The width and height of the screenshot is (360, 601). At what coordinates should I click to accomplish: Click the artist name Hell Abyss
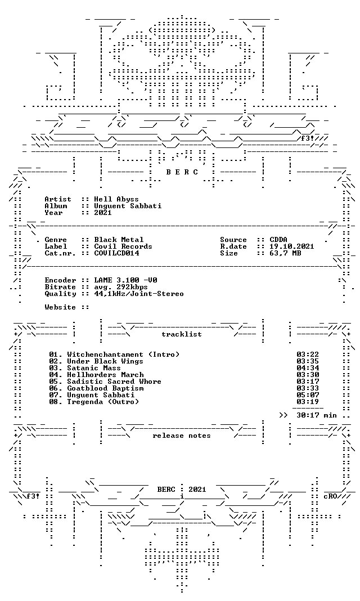pos(116,199)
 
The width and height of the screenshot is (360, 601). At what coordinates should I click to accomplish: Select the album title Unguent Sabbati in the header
pos(128,206)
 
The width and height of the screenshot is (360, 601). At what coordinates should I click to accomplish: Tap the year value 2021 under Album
pos(103,212)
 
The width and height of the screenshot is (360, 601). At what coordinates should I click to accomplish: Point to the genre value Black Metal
pos(119,240)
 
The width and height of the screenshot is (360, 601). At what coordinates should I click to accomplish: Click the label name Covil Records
pos(123,246)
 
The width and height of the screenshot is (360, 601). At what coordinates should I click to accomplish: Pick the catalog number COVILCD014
pos(116,253)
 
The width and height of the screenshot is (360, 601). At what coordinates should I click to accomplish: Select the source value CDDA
pos(278,240)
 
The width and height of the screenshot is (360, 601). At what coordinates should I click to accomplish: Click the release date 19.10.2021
pos(292,246)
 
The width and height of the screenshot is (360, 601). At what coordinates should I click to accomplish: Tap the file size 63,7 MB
pos(285,253)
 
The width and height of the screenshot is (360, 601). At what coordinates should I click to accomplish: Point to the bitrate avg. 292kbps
pos(121,287)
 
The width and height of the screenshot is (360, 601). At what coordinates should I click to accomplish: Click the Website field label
pos(60,307)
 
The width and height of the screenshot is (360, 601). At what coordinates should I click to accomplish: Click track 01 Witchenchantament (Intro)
pos(114,355)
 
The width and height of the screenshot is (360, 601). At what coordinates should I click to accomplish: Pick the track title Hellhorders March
pos(105,375)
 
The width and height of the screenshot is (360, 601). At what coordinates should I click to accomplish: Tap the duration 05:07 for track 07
pos(308,395)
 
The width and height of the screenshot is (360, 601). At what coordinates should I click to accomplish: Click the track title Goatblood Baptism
pos(105,388)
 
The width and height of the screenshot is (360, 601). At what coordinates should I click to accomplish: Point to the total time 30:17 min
pos(317,415)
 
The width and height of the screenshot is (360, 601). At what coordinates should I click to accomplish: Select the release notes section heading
pos(182,436)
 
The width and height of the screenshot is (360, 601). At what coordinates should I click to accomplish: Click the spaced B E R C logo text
pos(182,172)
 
